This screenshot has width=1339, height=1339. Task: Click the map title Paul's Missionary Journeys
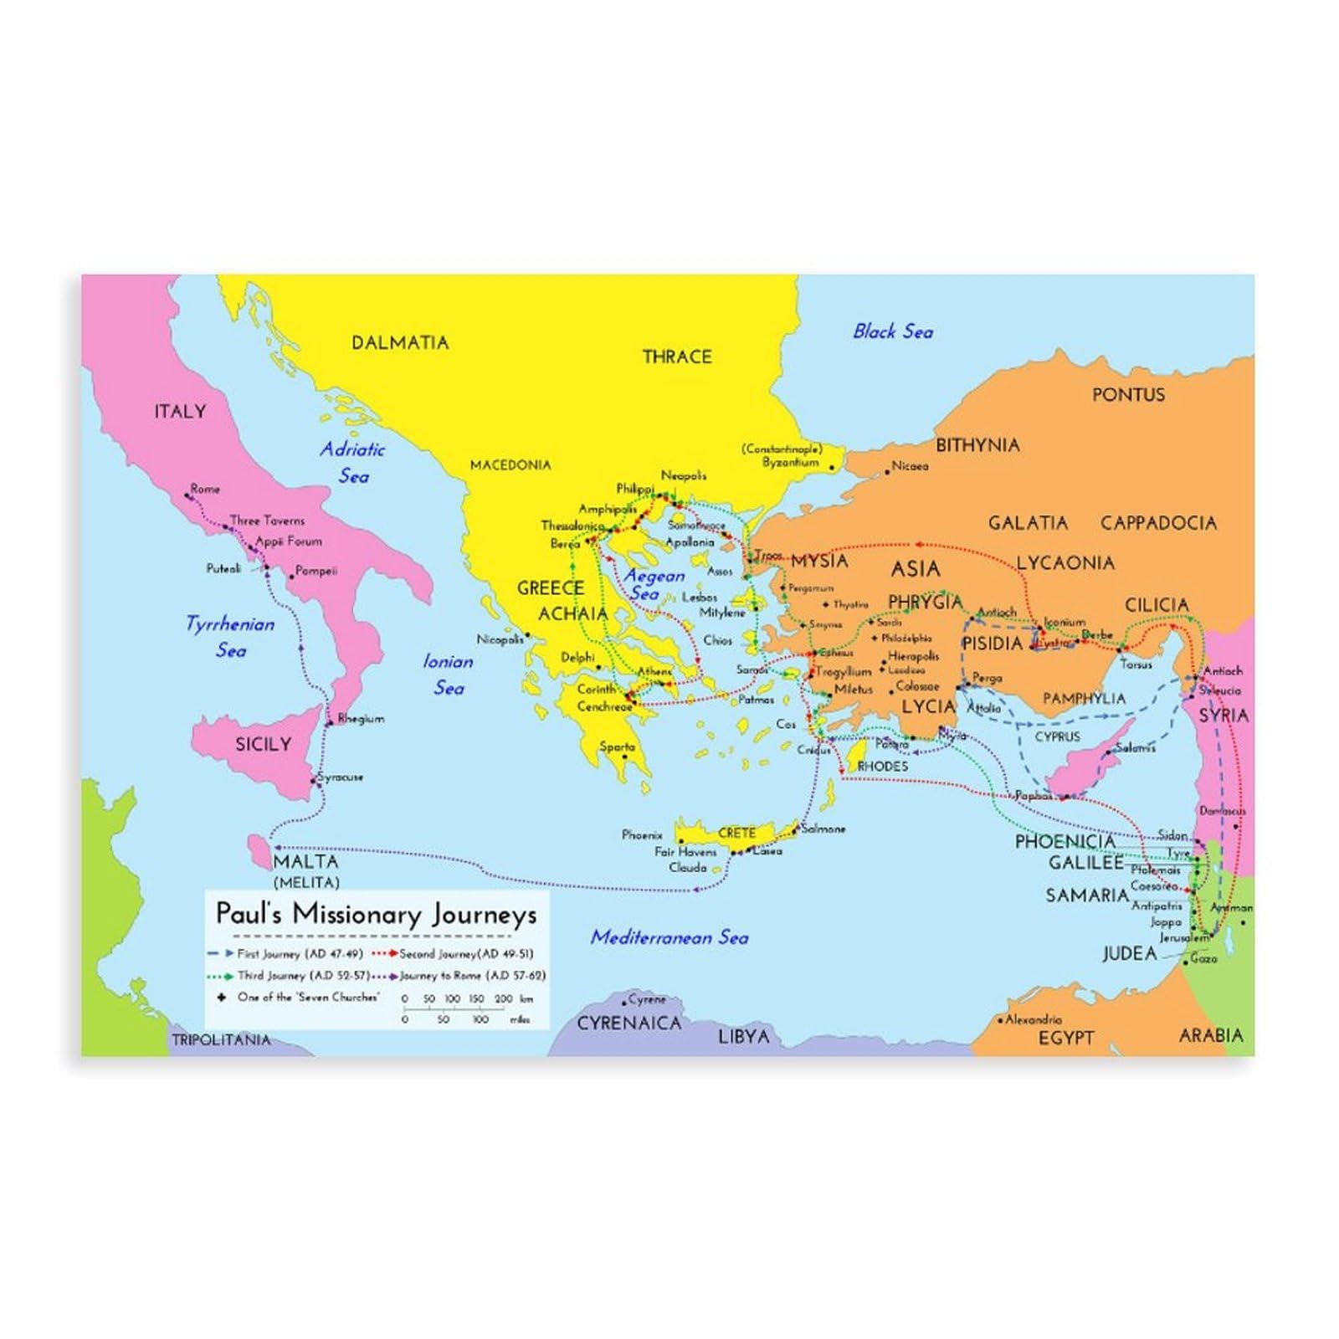point(376,913)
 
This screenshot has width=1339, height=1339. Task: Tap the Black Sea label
point(892,331)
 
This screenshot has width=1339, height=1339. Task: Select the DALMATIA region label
point(400,342)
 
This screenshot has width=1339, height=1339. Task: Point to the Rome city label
point(205,489)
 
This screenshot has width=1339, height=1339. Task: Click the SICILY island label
point(263,744)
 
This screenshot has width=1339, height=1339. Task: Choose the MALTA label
point(305,862)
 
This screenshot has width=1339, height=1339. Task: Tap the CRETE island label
point(736,833)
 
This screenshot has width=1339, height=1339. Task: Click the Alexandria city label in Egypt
point(1033,1019)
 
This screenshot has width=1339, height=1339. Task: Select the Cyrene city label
point(647,999)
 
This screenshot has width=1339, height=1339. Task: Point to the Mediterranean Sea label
point(669,937)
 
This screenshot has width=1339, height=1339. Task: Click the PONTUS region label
point(1127,394)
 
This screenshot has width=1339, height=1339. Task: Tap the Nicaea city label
point(910,466)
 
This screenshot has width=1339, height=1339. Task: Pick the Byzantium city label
point(790,462)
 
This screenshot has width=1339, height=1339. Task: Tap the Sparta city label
point(617,747)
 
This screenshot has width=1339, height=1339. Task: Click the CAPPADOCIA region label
point(1157,523)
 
